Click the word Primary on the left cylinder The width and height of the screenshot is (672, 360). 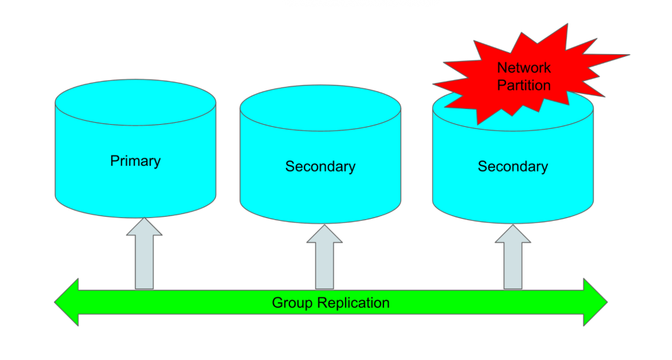tap(135, 161)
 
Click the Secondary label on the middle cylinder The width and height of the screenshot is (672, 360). tap(320, 167)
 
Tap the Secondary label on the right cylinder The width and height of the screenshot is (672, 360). tap(513, 167)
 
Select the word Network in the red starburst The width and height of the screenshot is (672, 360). tap(523, 69)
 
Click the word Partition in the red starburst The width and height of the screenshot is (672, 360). tap(524, 86)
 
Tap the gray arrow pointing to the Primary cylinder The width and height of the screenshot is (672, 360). tap(144, 257)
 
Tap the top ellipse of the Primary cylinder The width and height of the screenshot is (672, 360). tap(135, 104)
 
